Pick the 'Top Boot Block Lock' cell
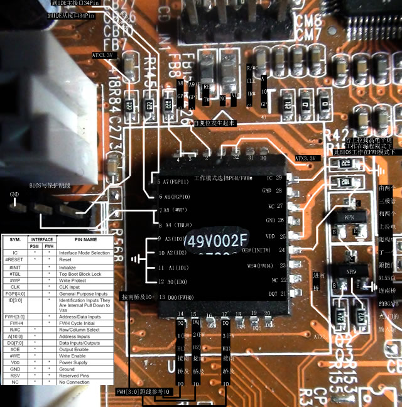pyautogui.click(x=82, y=273)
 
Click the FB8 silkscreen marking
pyautogui.click(x=173, y=64)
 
